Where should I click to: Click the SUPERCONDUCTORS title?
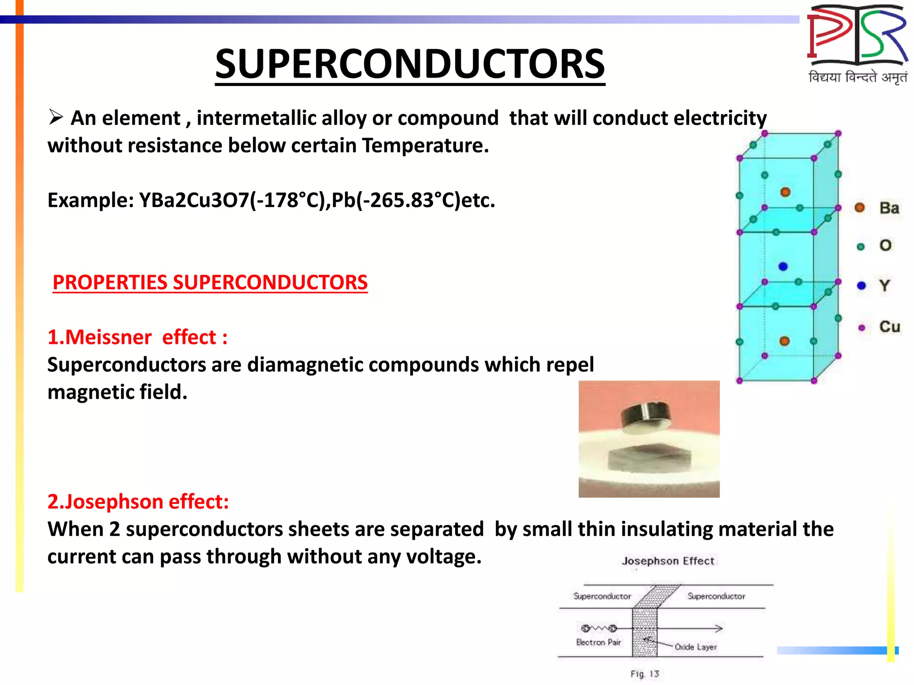pos(410,65)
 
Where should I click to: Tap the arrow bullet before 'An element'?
pos(56,117)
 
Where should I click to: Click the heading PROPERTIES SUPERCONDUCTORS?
pos(210,283)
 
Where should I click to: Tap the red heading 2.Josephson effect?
pos(138,502)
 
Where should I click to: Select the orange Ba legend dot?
pos(860,208)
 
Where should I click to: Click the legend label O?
pos(885,246)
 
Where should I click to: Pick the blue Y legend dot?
pos(861,286)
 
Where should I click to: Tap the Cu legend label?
pos(889,327)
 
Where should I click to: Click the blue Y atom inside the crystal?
pos(783,267)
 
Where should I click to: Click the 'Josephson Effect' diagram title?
pos(668,561)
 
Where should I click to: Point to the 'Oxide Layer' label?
pos(695,647)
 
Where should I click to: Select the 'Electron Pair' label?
pos(598,643)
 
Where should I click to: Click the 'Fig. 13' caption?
pos(644,674)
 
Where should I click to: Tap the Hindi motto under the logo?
pos(857,78)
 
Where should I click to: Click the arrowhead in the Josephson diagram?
pos(719,629)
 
